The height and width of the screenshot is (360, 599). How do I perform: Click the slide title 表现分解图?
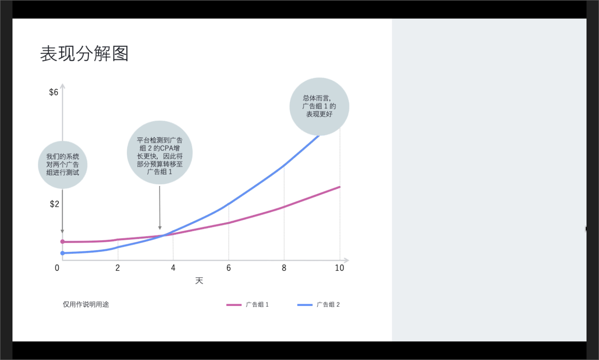pyautogui.click(x=84, y=54)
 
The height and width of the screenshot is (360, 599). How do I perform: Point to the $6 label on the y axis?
pyautogui.click(x=54, y=92)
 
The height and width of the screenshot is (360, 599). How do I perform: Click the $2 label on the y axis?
pyautogui.click(x=54, y=204)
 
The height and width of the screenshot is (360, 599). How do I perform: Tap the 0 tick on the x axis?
pyautogui.click(x=57, y=268)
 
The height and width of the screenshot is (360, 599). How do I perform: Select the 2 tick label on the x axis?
pyautogui.click(x=118, y=268)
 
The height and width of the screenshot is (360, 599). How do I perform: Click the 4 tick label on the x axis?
pyautogui.click(x=173, y=268)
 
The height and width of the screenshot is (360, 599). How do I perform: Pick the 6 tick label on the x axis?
pyautogui.click(x=229, y=268)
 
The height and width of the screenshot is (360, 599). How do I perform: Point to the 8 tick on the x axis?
pyautogui.click(x=284, y=268)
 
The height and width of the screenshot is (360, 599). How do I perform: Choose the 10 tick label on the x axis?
pyautogui.click(x=339, y=268)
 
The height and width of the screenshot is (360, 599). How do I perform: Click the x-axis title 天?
pyautogui.click(x=199, y=281)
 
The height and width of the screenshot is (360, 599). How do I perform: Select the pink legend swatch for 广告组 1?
pyautogui.click(x=234, y=305)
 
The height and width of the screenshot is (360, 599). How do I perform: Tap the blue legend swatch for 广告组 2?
pyautogui.click(x=305, y=305)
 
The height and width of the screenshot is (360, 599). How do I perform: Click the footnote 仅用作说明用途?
pyautogui.click(x=86, y=304)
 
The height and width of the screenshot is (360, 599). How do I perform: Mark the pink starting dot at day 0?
pyautogui.click(x=62, y=242)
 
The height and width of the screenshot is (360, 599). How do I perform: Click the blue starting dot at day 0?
pyautogui.click(x=62, y=253)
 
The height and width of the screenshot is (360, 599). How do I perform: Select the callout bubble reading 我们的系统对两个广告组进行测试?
pyautogui.click(x=62, y=165)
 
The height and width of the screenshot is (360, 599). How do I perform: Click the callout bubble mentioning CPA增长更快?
pyautogui.click(x=160, y=152)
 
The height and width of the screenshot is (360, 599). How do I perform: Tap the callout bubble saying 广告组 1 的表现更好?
pyautogui.click(x=319, y=107)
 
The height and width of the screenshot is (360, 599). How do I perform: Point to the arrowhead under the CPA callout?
pyautogui.click(x=160, y=228)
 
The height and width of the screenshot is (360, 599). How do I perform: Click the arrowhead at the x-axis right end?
pyautogui.click(x=347, y=260)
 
